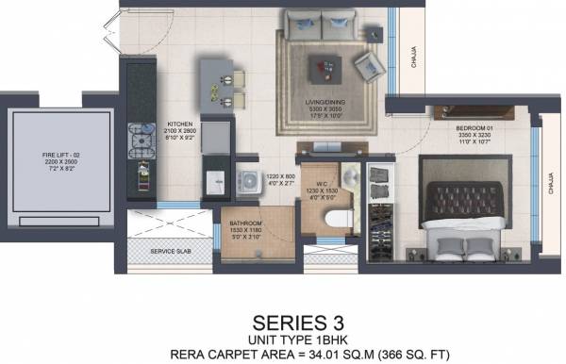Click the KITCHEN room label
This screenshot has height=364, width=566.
[180, 124]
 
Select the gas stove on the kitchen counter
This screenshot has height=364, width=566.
[139, 143]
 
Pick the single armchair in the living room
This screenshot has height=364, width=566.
[366, 63]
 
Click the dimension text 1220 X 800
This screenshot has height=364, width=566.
[280, 175]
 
